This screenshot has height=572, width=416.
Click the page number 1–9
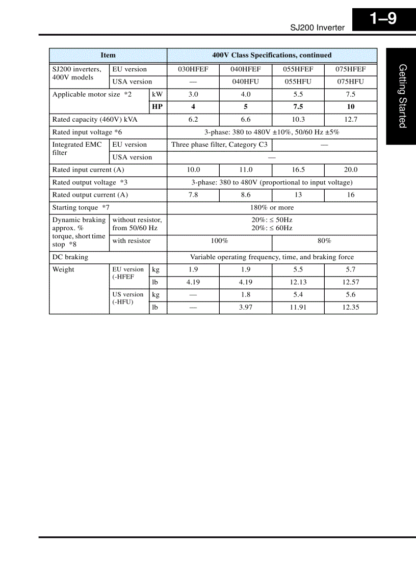[383, 19]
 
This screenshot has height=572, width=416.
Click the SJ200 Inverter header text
[317, 28]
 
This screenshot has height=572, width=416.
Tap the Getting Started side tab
[402, 96]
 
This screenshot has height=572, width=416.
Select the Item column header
[108, 56]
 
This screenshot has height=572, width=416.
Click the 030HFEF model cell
[193, 70]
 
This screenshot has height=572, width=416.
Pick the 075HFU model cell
[351, 82]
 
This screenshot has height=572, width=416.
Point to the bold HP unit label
[158, 107]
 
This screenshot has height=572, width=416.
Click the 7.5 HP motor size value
[298, 107]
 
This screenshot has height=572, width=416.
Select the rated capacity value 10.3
[298, 120]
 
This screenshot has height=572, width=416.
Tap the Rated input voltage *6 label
[87, 132]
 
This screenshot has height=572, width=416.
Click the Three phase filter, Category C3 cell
[219, 145]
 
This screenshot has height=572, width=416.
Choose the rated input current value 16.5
[298, 170]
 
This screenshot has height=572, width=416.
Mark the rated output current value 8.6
[246, 195]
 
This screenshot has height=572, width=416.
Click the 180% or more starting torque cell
[272, 208]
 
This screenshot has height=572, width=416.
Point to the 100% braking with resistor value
[219, 241]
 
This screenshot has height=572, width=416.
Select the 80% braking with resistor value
[324, 241]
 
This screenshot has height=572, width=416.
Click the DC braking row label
[70, 257]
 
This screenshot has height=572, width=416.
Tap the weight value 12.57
[351, 282]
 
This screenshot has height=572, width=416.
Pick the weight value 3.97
[246, 308]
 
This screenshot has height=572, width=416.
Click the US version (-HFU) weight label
[128, 298]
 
